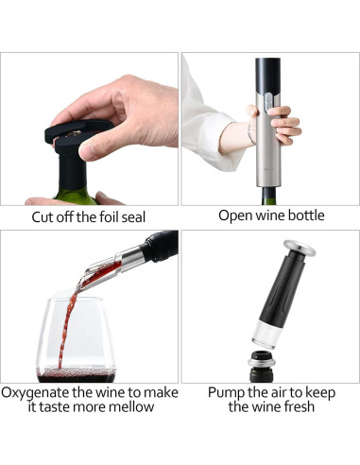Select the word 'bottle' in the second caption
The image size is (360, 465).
click(303, 215)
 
